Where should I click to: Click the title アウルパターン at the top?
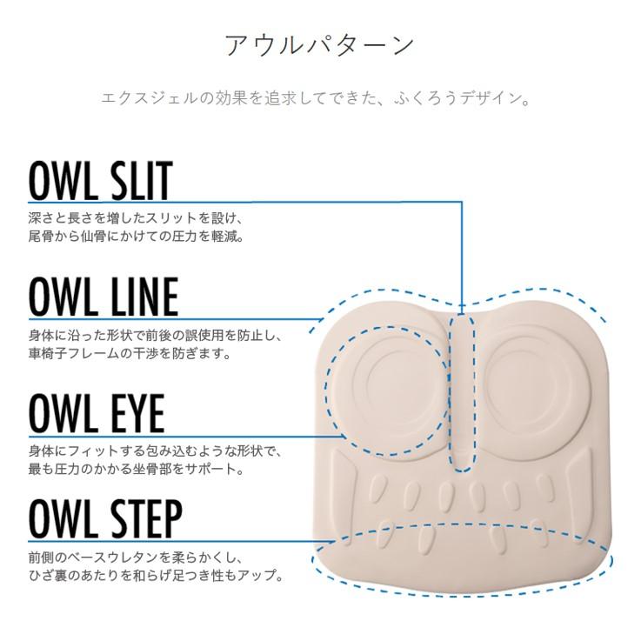tap(320, 45)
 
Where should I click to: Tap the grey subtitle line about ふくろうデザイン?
tap(316, 98)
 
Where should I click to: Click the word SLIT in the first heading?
tap(138, 180)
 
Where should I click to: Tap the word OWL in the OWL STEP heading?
tap(63, 519)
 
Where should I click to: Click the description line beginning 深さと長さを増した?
tap(137, 218)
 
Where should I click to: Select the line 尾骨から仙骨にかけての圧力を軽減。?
tap(137, 236)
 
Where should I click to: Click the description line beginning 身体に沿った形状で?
tap(156, 336)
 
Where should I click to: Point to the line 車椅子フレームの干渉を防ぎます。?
tap(130, 353)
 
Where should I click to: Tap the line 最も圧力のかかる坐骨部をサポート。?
tap(137, 469)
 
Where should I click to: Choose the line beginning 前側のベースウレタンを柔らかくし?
tap(137, 558)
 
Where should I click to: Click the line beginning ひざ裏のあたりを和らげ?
tap(157, 575)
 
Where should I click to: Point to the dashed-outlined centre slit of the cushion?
tap(462, 392)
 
